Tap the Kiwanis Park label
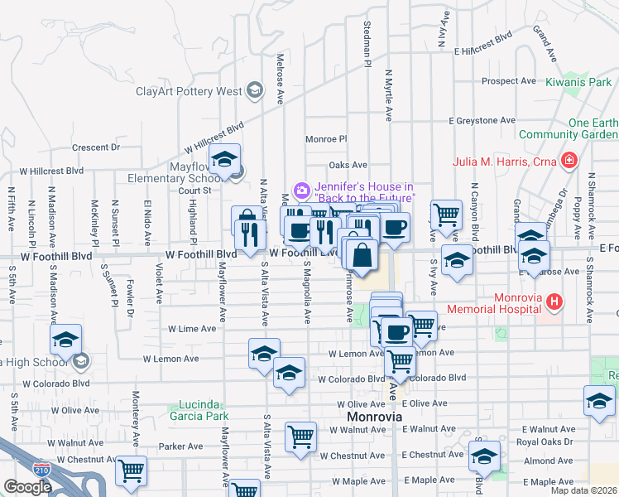tap(578, 82)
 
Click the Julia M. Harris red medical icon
tap(569, 161)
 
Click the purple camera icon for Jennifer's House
tap(302, 191)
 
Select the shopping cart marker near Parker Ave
tap(300, 436)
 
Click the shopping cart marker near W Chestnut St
tap(132, 470)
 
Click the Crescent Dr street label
tap(96, 147)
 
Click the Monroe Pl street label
tap(326, 139)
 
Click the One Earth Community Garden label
tap(569, 128)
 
